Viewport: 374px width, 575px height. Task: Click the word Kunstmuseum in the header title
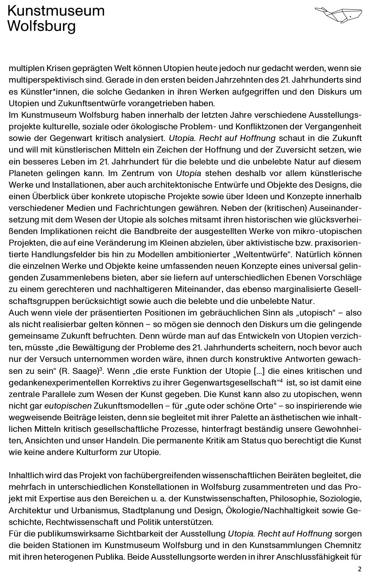click(x=56, y=11)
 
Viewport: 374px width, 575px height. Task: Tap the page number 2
click(x=360, y=569)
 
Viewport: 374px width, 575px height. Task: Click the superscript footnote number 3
click(x=101, y=369)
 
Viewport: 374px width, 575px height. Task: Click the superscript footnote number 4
click(x=279, y=381)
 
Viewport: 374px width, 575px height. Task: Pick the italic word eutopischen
click(x=68, y=406)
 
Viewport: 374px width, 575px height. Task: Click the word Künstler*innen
click(x=47, y=92)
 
